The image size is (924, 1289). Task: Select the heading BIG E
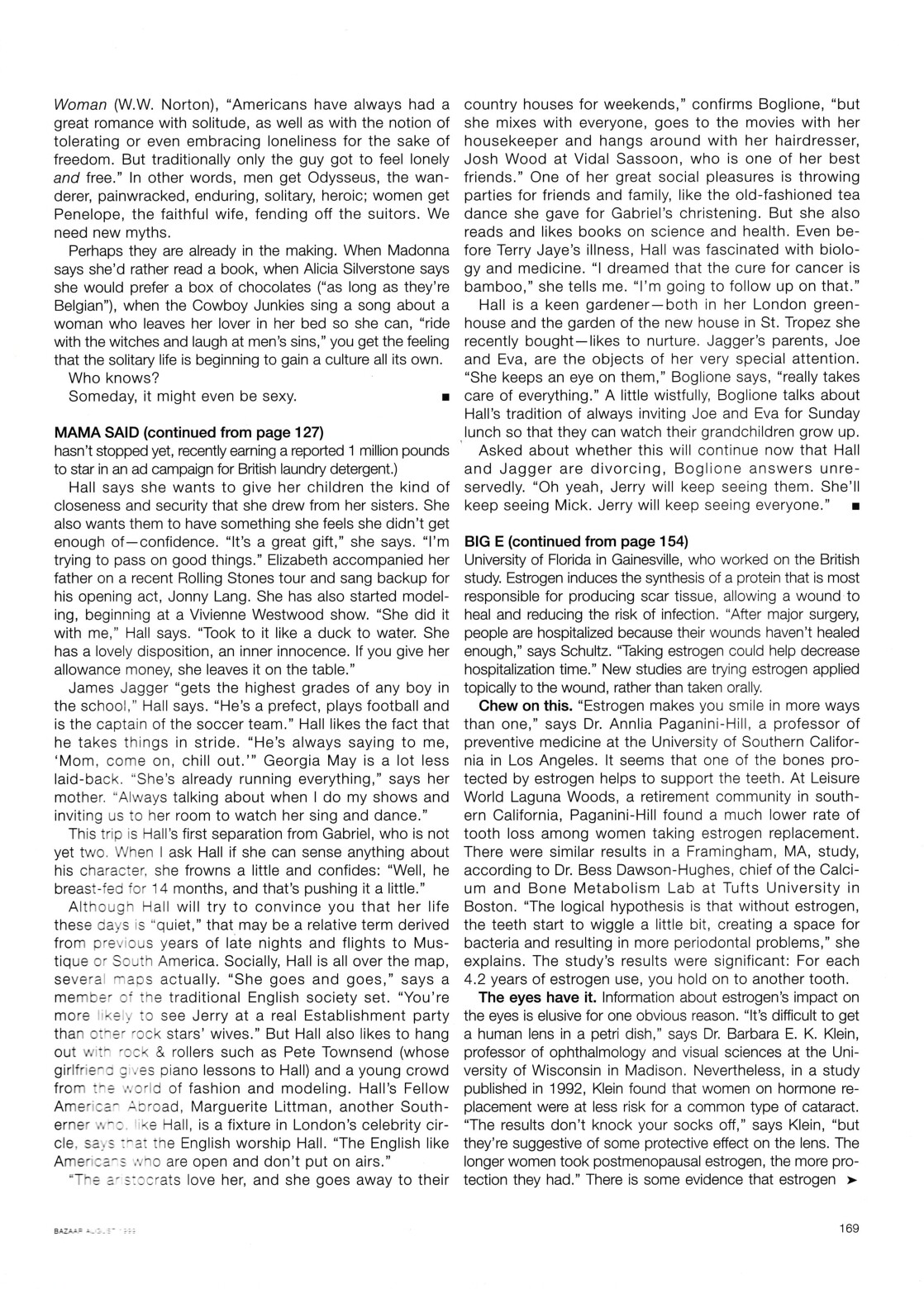[488, 541]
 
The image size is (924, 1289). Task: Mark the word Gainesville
[636, 559]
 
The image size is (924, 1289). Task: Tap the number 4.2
[478, 979]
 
